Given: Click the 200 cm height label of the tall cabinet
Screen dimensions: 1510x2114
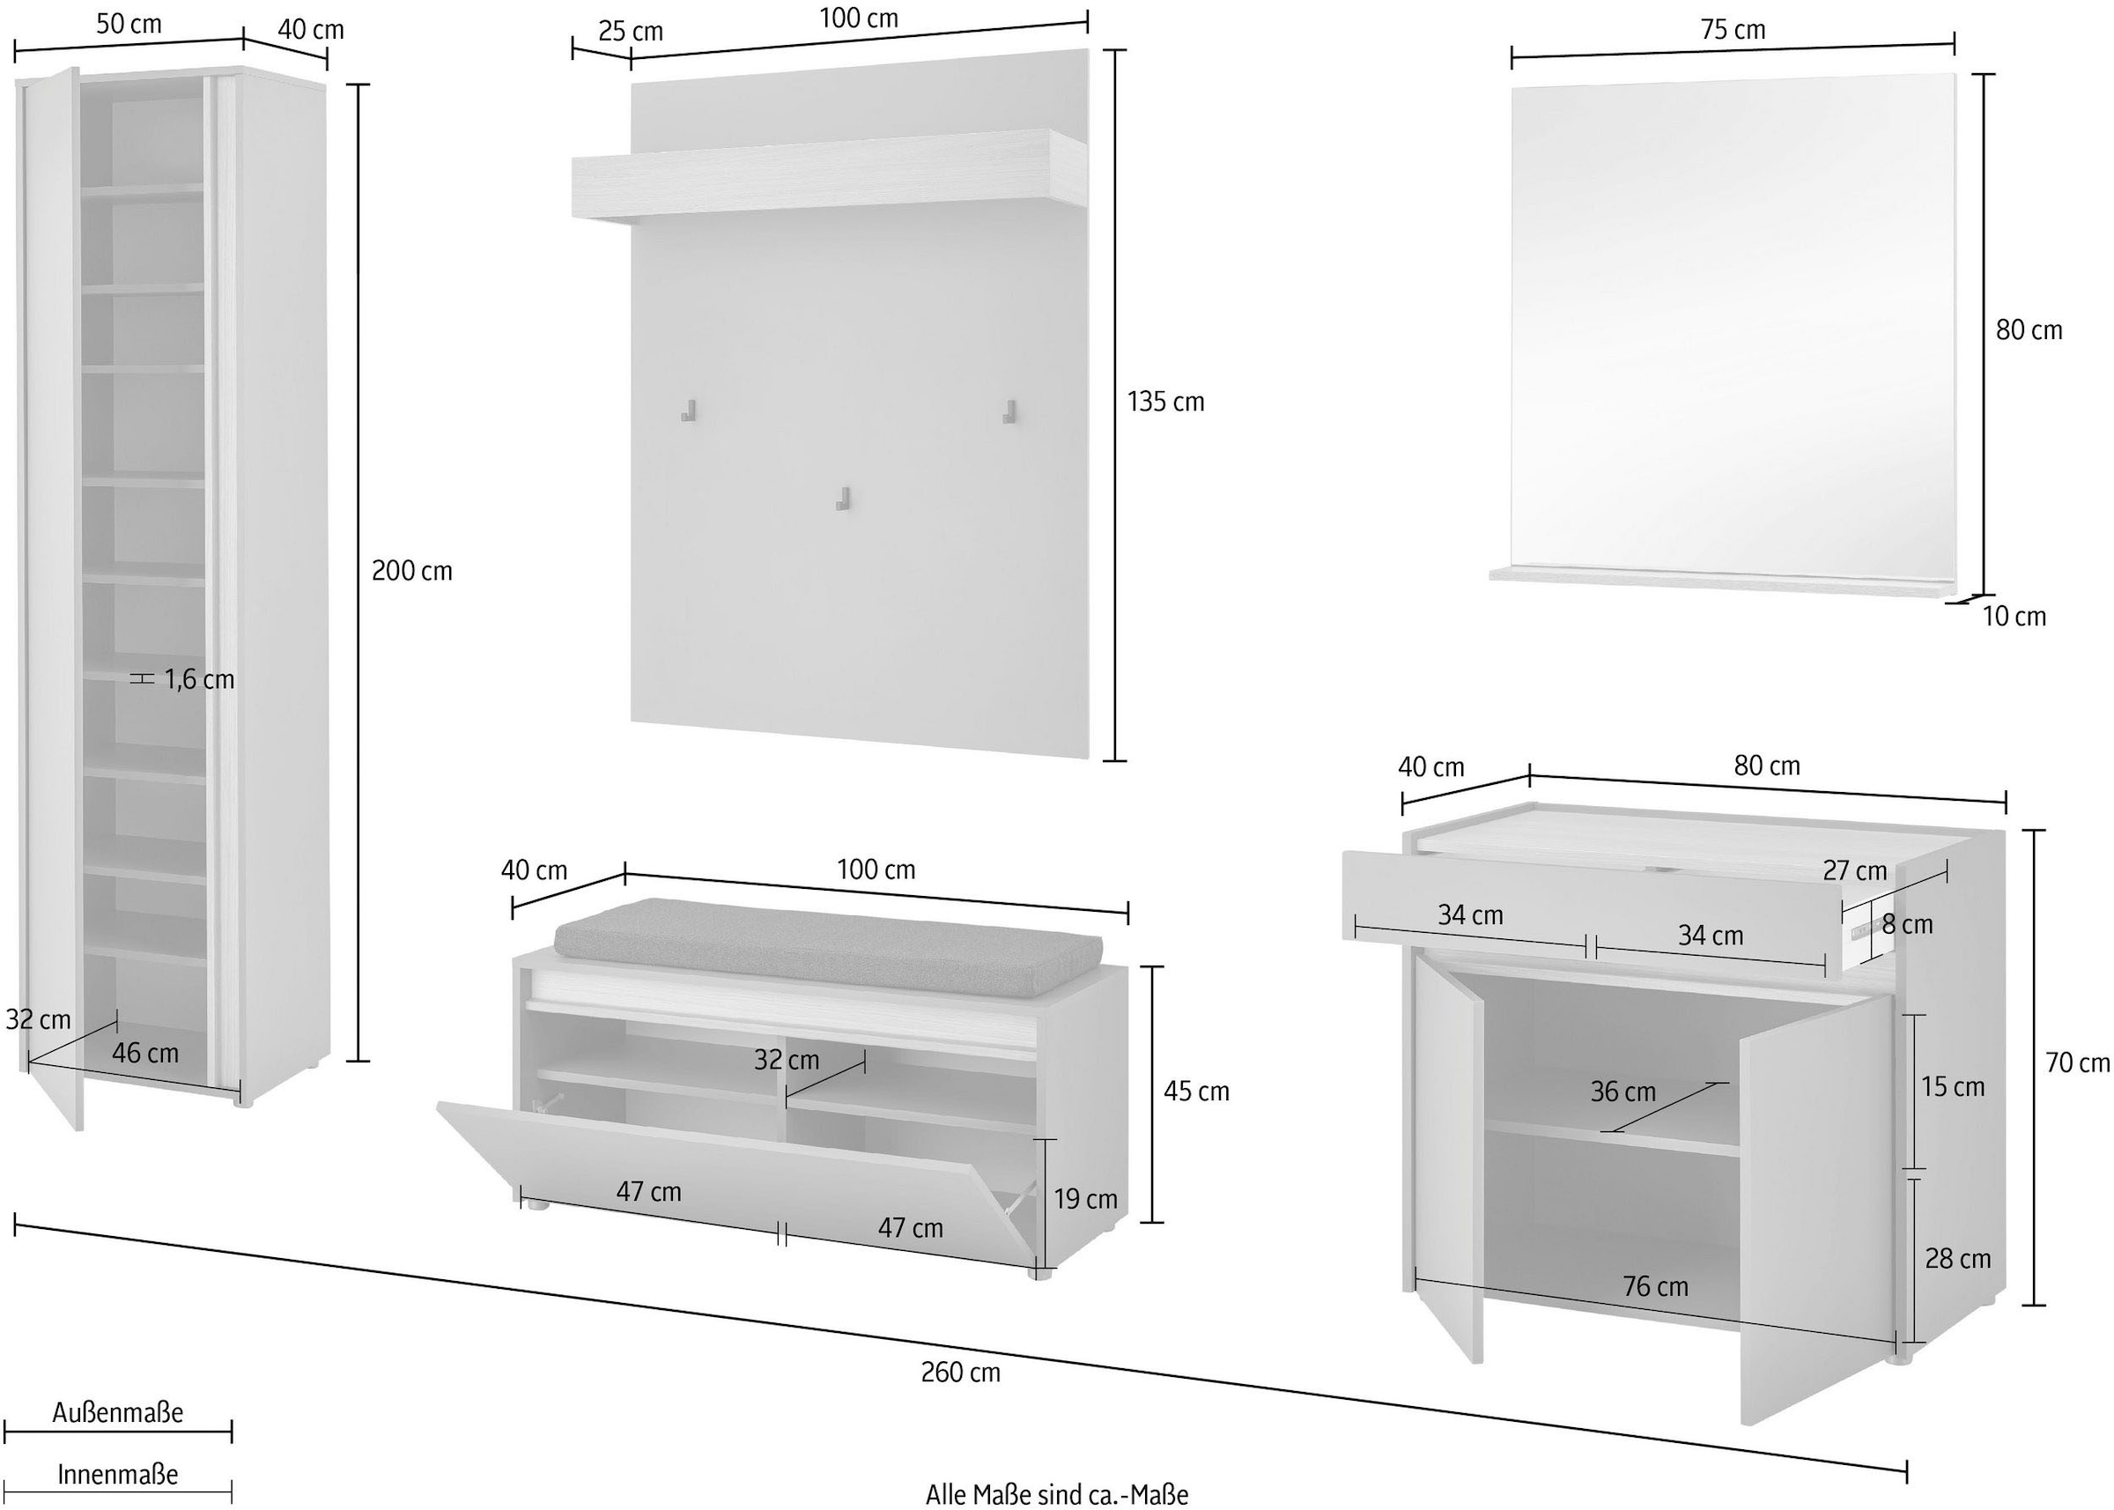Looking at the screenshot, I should pos(412,570).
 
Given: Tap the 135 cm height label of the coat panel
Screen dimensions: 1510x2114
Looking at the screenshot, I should pos(1164,402).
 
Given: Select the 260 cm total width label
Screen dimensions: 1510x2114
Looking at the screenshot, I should pos(960,1372).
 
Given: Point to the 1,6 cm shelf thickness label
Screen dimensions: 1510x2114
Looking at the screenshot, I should pos(199,680).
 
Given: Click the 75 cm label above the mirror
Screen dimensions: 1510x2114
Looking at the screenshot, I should pos(1733,30).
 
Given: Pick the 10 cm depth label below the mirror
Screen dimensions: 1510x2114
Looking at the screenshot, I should pos(2014,616).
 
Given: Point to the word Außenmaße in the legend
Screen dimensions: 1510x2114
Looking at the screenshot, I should pos(117,1412).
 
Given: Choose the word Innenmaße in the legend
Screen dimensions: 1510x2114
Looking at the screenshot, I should pos(117,1476).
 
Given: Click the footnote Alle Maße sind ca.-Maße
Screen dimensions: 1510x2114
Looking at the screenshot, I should pos(1057,1493).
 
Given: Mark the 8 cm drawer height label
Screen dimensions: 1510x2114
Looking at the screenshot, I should pos(1907,924).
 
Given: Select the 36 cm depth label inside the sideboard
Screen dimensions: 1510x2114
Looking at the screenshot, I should pos(1622,1091).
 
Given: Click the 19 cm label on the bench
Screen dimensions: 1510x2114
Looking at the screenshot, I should pos(1085,1198).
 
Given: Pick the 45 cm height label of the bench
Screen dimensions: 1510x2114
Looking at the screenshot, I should pos(1195,1091).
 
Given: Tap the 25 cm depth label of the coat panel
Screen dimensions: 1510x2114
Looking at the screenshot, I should pos(631,31).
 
